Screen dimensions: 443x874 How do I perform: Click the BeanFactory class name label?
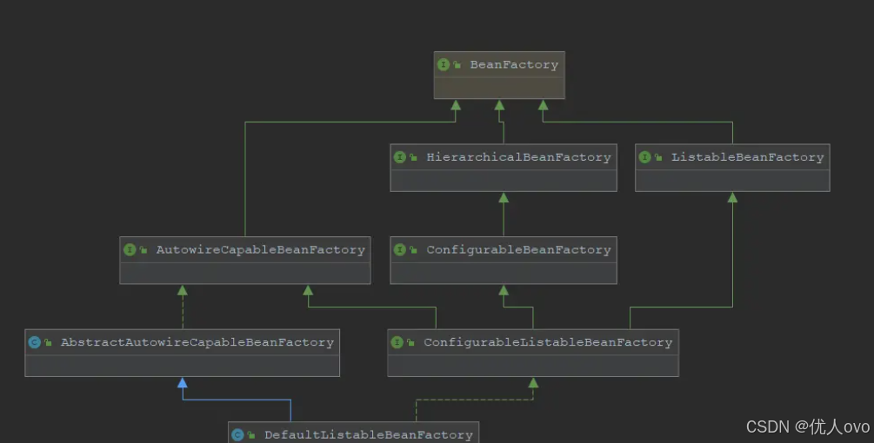[x=514, y=65]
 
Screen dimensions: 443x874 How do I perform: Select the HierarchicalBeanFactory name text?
[x=518, y=157]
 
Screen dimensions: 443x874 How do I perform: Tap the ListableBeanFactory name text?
[x=747, y=157]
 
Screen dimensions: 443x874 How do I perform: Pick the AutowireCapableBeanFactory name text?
[x=260, y=250]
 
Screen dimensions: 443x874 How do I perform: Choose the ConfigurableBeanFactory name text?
[x=518, y=250]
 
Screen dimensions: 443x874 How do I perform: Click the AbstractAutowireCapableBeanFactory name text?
[x=197, y=343]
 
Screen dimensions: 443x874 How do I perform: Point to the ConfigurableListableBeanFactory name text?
[x=548, y=343]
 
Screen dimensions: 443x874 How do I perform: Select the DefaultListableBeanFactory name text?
[x=368, y=434]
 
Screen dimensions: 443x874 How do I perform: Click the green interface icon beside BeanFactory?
[x=444, y=65]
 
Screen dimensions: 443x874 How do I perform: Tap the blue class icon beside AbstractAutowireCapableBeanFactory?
[x=34, y=343]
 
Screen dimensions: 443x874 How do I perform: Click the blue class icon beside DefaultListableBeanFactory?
[x=237, y=434]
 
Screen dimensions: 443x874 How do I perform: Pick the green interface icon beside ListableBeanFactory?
[x=644, y=157]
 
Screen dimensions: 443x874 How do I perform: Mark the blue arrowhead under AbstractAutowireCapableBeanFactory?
[x=182, y=382]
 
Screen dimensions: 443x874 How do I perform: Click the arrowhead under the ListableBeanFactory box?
[x=732, y=197]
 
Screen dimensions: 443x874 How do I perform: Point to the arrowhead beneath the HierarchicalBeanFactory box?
[x=504, y=197]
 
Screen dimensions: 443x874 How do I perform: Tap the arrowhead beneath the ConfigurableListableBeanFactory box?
[x=533, y=382]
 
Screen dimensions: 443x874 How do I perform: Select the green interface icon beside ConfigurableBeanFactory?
[x=399, y=250]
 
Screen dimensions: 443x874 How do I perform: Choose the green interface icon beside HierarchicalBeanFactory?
[x=399, y=157]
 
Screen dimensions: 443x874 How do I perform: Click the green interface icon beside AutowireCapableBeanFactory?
[x=130, y=250]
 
